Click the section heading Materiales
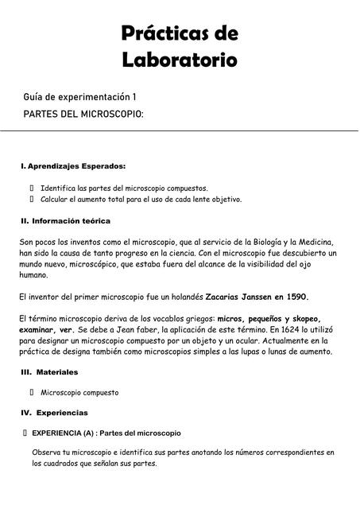(62, 371)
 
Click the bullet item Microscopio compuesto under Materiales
(79, 392)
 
